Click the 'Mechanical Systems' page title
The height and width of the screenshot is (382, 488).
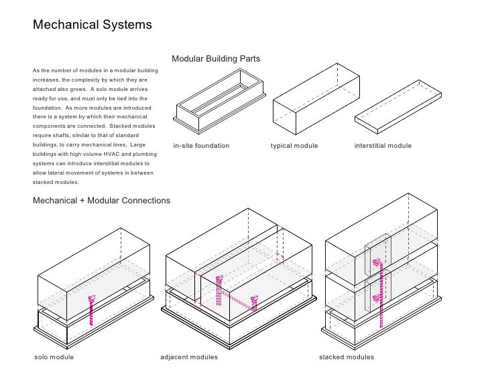pos(93,25)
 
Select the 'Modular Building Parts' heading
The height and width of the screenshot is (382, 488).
pos(216,60)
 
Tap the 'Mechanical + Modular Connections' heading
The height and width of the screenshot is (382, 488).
pos(101,200)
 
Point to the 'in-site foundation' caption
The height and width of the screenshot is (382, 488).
pos(201,146)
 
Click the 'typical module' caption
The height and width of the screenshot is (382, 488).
pos(294,146)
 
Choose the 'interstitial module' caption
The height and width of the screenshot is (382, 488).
pos(383,146)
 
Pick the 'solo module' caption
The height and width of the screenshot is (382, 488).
pos(54,357)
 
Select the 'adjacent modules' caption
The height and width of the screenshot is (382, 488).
pos(189,357)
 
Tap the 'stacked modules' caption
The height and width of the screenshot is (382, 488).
pos(347,357)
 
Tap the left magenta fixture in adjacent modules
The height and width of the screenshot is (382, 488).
pos(219,280)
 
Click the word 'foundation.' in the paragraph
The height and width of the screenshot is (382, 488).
pos(48,108)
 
